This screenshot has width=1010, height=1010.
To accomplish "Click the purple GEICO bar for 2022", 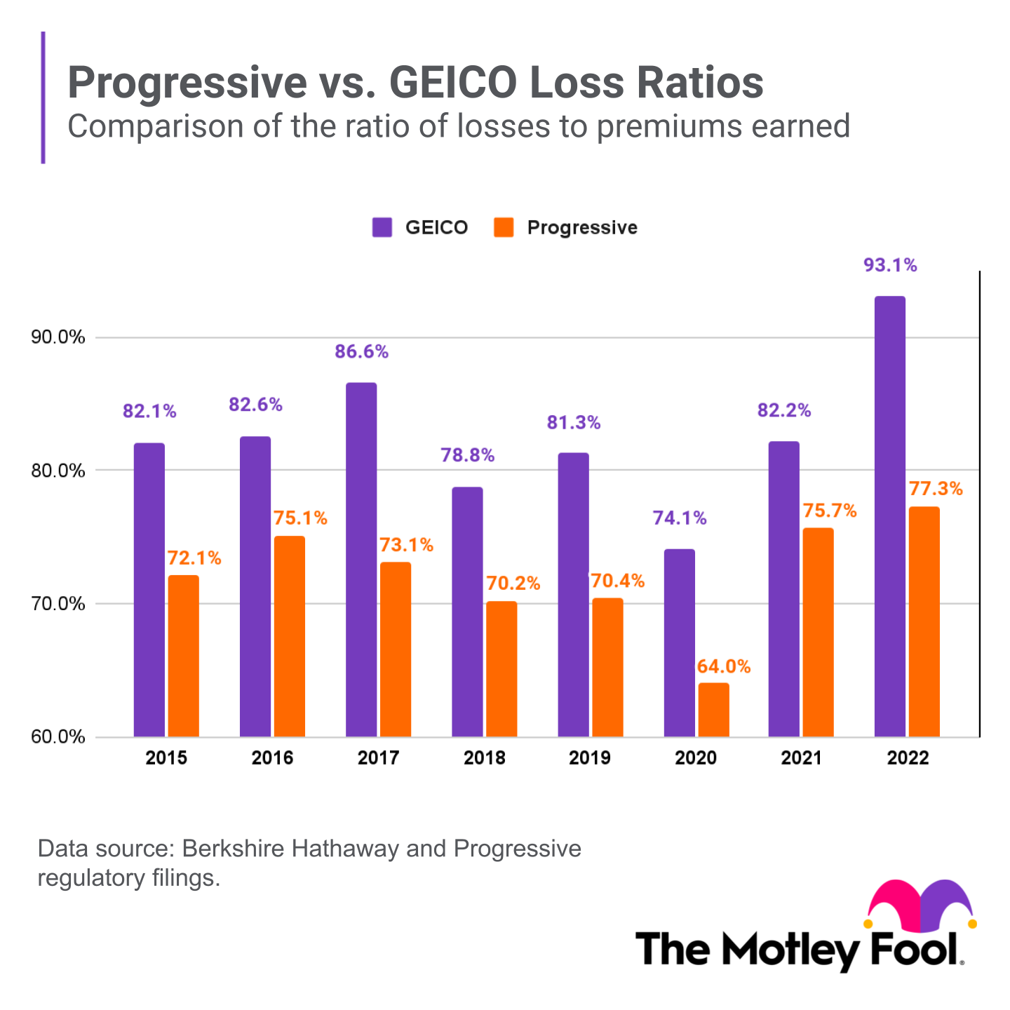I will [889, 516].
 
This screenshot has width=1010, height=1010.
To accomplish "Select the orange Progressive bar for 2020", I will [713, 710].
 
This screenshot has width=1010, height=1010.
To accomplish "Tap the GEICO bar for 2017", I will [361, 560].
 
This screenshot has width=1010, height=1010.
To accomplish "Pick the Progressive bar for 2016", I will [289, 636].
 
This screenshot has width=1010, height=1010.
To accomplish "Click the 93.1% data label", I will [889, 265].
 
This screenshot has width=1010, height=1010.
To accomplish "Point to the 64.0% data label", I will [723, 666].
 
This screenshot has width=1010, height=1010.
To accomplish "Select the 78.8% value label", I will [467, 455].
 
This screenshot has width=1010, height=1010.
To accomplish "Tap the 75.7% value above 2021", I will [829, 511].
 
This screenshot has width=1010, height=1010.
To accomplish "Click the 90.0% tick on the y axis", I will [58, 337].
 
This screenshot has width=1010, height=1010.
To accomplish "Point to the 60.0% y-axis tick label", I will [58, 737].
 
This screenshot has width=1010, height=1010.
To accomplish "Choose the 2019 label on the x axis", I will [589, 757].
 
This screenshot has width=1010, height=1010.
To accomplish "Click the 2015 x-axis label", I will [166, 757].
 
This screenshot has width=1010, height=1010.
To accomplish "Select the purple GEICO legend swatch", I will [382, 227].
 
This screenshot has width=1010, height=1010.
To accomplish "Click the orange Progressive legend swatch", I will [504, 227].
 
